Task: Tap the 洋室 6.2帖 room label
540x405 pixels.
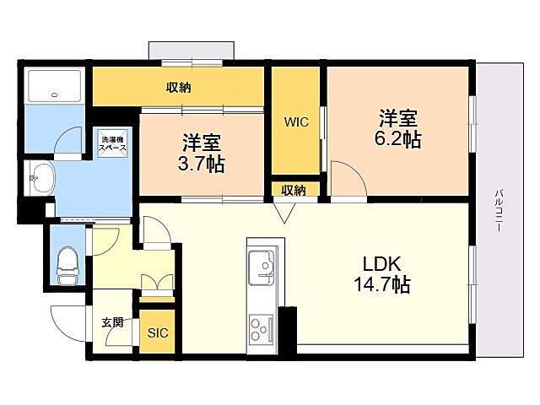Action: tap(397, 128)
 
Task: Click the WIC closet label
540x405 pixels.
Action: tap(295, 121)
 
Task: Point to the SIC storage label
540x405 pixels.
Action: tap(158, 332)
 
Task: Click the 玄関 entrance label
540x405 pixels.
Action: tap(111, 321)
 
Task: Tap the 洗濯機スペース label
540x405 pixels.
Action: tap(113, 143)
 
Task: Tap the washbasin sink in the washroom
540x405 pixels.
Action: tap(40, 178)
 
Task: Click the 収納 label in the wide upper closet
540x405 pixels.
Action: tap(178, 86)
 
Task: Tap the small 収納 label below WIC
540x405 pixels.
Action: tap(294, 190)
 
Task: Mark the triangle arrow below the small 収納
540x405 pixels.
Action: tap(283, 212)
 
